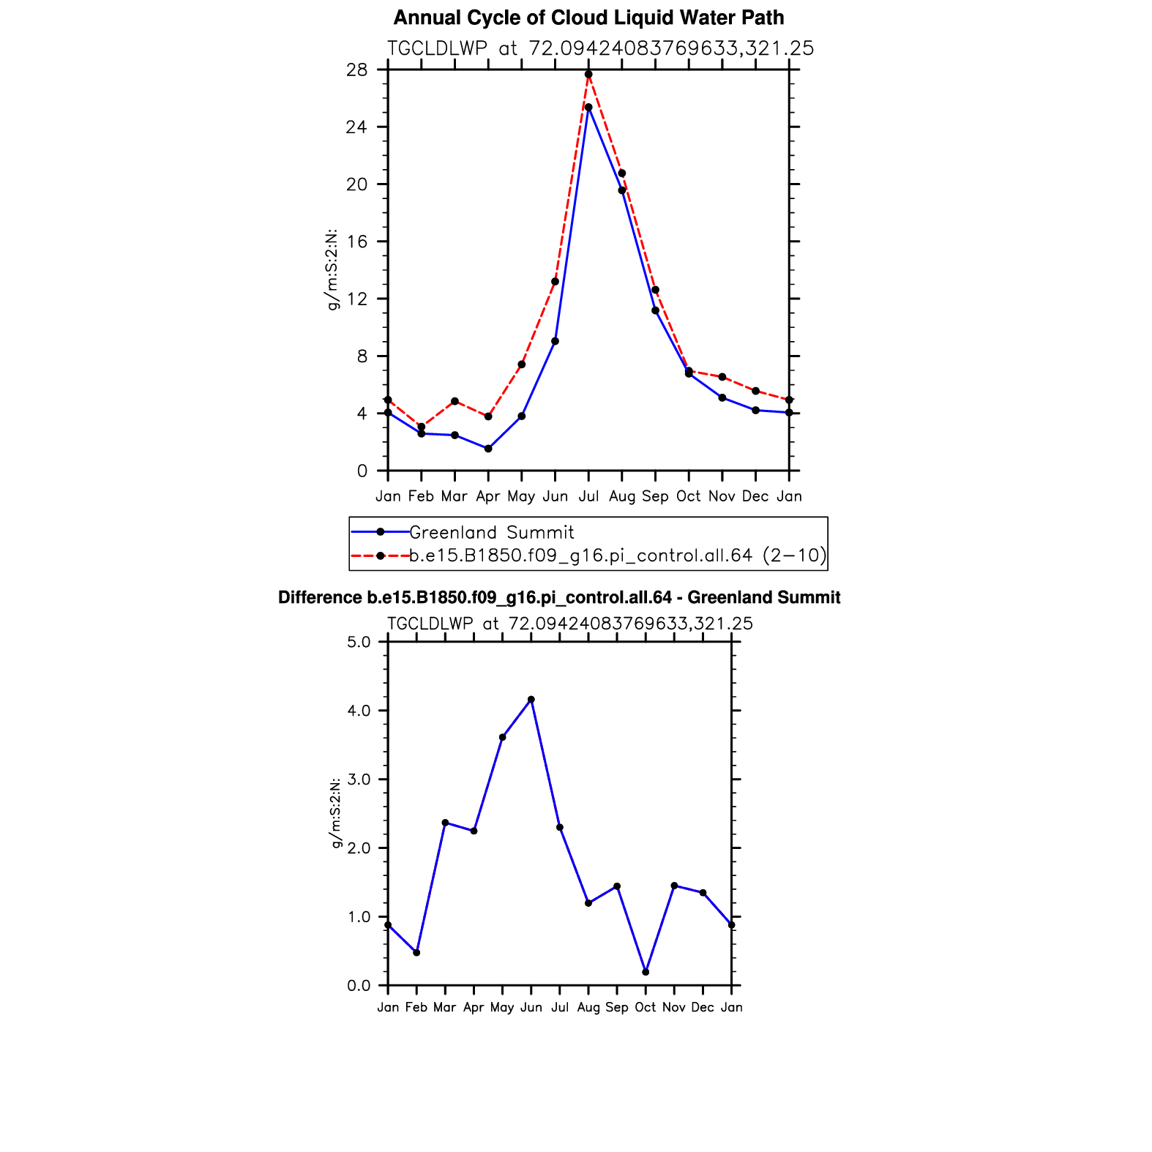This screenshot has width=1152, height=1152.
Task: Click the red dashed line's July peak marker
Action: click(588, 74)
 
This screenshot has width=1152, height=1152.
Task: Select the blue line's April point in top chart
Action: click(488, 449)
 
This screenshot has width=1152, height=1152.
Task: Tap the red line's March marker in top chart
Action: click(455, 401)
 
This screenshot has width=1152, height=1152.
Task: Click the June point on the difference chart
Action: click(531, 700)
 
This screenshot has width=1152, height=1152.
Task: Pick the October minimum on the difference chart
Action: click(646, 972)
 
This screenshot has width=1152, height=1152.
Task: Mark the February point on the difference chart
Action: click(416, 952)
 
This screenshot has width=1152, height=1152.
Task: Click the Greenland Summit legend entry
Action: click(491, 532)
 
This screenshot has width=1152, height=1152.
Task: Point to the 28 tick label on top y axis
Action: click(357, 70)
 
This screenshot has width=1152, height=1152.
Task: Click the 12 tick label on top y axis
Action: click(357, 299)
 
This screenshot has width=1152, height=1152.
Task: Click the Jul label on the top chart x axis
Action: click(588, 496)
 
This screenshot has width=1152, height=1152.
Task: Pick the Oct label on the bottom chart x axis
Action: click(646, 1007)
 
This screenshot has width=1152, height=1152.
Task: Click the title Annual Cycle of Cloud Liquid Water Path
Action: click(588, 18)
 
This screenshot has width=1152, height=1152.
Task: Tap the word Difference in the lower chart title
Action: click(319, 598)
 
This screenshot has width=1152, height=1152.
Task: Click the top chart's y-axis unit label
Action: click(332, 270)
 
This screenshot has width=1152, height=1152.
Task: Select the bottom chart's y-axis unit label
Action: click(336, 813)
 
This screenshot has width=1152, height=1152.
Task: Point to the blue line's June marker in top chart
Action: click(556, 341)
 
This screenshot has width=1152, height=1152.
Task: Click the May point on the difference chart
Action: click(502, 737)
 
